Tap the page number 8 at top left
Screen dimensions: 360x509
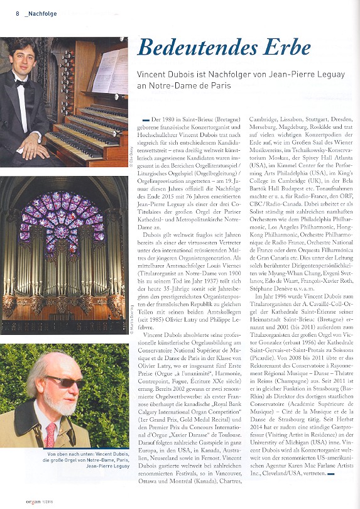point(17,13)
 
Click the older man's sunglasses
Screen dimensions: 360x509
point(68,381)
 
